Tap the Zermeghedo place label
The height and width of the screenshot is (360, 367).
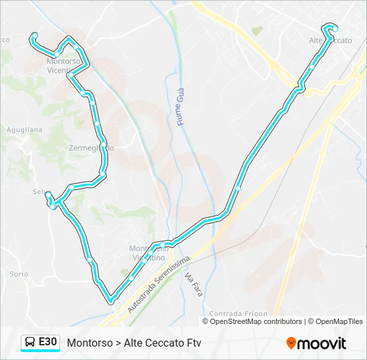[91, 148]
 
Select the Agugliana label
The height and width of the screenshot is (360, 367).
[24, 130]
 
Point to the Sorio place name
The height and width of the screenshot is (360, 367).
[19, 274]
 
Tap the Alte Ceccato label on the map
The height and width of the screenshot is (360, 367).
[330, 41]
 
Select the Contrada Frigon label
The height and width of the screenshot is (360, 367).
[238, 313]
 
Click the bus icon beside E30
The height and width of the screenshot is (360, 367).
[30, 343]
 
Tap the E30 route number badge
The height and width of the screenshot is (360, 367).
[47, 343]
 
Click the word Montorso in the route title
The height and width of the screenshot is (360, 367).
[89, 343]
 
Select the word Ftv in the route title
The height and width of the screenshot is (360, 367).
[193, 343]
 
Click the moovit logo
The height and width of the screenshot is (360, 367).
[316, 343]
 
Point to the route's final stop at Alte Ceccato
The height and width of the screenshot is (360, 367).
[335, 29]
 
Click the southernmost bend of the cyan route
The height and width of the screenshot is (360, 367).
[111, 301]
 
